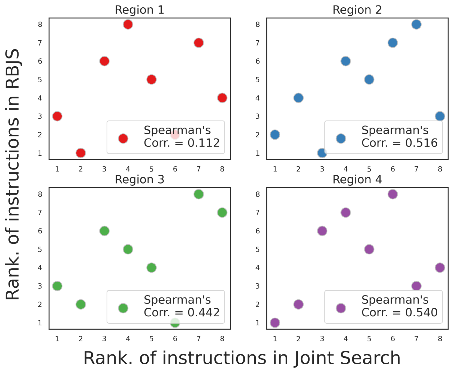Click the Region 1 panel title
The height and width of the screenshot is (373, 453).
coord(139,10)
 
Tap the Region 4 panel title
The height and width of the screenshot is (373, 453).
coord(357,180)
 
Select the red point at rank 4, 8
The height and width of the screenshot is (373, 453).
coord(128,25)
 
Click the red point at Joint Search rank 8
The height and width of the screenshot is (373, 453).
coord(222,98)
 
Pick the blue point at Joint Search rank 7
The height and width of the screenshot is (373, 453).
coord(416,25)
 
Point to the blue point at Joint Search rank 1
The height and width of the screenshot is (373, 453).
coord(275,135)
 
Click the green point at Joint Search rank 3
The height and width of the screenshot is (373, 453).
coord(104,231)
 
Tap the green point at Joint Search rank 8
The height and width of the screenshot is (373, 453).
coord(222,213)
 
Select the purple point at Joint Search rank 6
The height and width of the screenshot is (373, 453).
coord(392,194)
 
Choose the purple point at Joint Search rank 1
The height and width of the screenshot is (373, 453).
coord(275,323)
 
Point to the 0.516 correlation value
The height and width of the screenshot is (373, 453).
coord(421,143)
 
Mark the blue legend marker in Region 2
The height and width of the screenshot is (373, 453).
coord(341,139)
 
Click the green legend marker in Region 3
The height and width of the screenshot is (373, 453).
coord(123,308)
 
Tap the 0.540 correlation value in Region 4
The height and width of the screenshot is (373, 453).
coord(421,313)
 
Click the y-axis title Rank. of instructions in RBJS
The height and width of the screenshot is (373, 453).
coord(13,175)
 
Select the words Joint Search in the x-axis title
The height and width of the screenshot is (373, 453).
coord(347,358)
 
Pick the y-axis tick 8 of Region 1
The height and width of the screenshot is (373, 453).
coord(40,25)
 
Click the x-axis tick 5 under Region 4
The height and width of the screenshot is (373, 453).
coord(369,339)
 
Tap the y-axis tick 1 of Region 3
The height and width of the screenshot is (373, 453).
coord(40,323)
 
